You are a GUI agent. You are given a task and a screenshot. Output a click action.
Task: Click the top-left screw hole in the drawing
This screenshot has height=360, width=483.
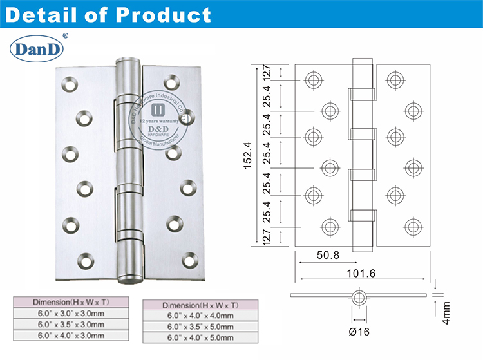point(314,80)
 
